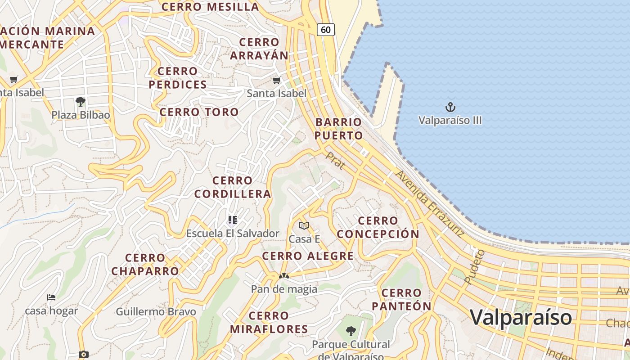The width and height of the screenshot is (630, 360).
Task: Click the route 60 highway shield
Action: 326,30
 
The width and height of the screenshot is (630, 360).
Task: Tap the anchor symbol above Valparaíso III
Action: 450,107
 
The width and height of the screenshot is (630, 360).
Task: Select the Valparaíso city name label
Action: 521,317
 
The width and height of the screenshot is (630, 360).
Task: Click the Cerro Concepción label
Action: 378,227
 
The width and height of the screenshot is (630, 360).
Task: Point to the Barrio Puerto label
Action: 339,129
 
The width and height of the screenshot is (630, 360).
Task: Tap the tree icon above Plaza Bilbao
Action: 81,102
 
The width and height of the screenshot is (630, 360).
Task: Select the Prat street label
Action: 336,161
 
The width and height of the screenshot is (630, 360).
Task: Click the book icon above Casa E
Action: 304,225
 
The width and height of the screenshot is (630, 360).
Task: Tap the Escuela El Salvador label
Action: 233,234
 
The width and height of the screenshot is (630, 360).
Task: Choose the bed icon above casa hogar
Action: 51,297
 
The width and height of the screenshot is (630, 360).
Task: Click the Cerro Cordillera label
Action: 233,187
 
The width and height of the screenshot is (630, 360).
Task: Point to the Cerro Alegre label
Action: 308,256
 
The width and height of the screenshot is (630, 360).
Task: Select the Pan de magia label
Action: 284,289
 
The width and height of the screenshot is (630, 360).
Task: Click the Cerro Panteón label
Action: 401,300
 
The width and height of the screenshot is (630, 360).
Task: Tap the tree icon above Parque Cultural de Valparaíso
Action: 351,331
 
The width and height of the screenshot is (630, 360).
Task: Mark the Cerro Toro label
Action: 199,112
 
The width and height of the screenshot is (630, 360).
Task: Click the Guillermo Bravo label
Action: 156,312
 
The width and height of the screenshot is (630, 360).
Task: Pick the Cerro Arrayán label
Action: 259,49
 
